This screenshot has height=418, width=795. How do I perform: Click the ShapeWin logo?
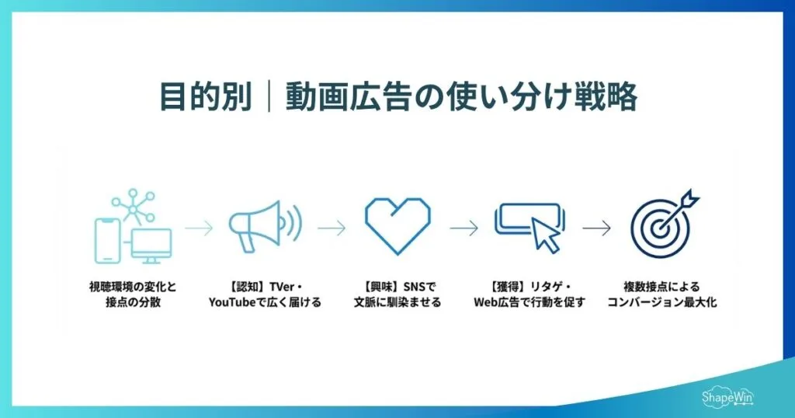[x=729, y=397]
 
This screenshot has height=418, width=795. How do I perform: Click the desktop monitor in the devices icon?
[x=150, y=246]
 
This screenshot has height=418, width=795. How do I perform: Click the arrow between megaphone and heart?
[x=332, y=228]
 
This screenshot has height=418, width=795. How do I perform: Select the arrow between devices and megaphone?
[x=198, y=228]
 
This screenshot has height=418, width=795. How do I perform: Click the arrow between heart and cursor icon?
[x=464, y=228]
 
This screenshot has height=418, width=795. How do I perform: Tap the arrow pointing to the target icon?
[x=596, y=228]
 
